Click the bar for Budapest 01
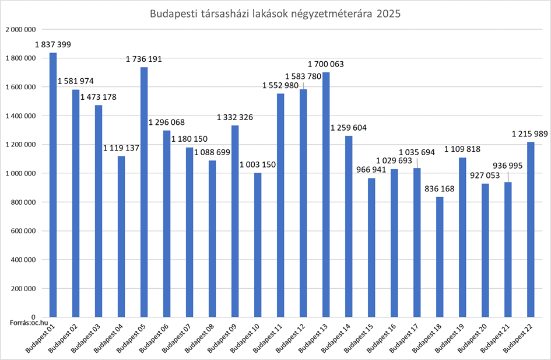[53, 184]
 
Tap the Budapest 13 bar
[326, 194]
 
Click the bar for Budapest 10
[258, 244]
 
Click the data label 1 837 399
[53, 45]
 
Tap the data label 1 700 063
[326, 64]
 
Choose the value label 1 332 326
[235, 118]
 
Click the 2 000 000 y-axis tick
[20, 29]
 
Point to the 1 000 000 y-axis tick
[20, 173]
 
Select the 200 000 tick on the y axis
[23, 289]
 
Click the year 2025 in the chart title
[388, 14]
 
